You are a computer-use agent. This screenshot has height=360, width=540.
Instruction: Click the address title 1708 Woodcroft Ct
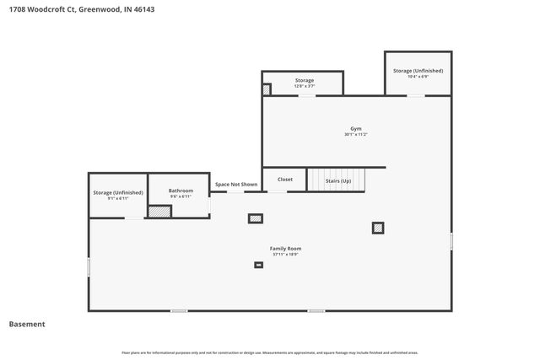(81, 9)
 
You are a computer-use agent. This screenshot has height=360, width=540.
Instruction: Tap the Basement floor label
(27, 324)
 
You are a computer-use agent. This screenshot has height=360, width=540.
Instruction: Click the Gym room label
(356, 129)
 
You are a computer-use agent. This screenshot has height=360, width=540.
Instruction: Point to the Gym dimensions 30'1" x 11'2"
(356, 135)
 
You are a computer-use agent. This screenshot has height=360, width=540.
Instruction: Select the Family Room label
(285, 249)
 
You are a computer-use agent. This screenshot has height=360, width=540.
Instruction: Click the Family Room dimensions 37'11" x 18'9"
(285, 255)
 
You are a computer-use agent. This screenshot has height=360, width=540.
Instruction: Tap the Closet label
(285, 180)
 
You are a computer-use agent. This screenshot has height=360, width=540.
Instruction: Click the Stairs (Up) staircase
(337, 180)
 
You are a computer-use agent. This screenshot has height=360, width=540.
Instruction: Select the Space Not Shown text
(235, 184)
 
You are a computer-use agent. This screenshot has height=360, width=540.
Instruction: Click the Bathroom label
(181, 191)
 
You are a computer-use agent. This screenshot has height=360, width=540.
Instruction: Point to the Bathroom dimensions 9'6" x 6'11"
(181, 196)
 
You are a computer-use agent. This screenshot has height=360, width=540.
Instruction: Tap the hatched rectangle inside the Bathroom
(159, 211)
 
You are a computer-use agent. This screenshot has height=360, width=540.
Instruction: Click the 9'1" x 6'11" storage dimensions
(117, 198)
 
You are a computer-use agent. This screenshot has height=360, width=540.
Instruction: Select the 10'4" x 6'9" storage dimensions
(418, 77)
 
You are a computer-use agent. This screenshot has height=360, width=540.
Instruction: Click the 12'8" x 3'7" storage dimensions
(305, 86)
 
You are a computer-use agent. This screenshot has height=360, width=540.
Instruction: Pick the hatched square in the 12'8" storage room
(267, 89)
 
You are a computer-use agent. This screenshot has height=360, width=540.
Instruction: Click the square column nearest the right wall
(378, 227)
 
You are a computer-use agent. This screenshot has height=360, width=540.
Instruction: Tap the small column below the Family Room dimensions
(258, 265)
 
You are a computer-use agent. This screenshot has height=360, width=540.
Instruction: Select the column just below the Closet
(255, 218)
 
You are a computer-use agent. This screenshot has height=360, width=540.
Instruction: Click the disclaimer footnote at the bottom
(270, 352)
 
